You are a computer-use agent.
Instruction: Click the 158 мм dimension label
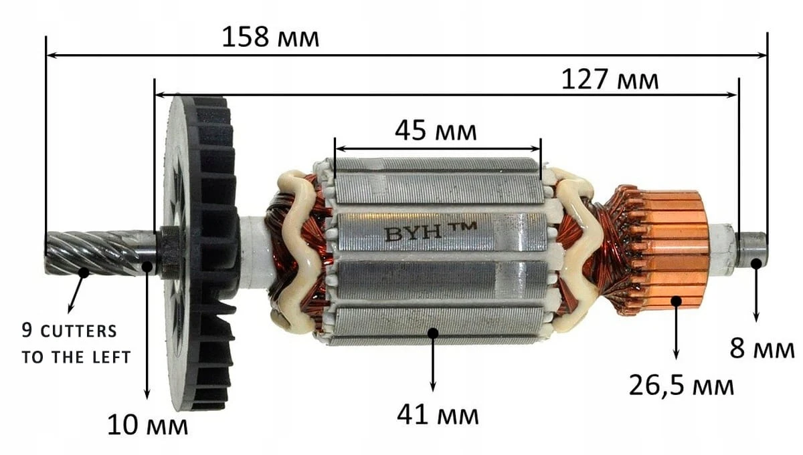click(270, 37)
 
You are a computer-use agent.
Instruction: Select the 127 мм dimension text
click(610, 80)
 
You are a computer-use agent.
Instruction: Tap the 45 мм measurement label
click(436, 131)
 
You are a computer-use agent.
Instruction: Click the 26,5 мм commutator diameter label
click(681, 386)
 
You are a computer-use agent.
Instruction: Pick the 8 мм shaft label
click(762, 348)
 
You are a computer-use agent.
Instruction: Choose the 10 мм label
click(147, 425)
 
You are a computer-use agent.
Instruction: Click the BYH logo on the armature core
click(430, 232)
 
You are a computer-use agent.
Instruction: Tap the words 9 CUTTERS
click(69, 331)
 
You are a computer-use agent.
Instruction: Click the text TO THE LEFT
click(76, 357)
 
